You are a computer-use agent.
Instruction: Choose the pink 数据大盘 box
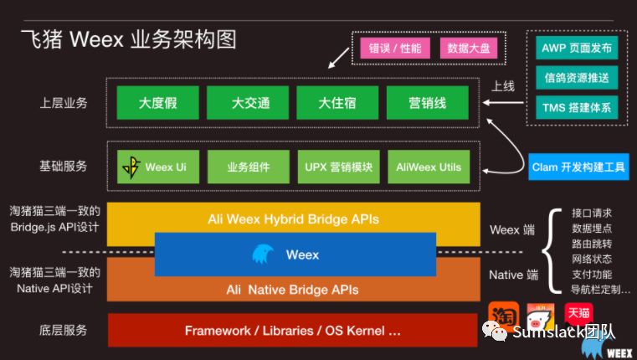[469, 48]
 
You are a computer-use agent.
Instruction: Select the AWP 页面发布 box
[577, 49]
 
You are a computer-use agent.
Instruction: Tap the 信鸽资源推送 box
[577, 78]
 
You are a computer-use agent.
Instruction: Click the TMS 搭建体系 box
[577, 107]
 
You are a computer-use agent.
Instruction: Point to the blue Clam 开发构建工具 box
[578, 167]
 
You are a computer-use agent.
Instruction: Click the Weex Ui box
[158, 167]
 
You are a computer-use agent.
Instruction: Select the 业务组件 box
[249, 167]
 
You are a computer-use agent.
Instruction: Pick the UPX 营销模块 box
[338, 167]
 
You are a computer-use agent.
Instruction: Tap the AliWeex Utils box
[429, 167]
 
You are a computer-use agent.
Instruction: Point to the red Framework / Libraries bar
[293, 330]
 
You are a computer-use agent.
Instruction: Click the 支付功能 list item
[593, 274]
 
